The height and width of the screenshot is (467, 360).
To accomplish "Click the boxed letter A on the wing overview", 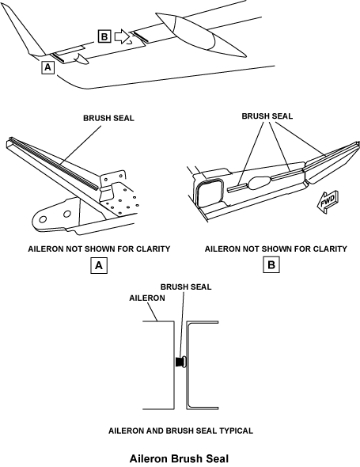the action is (x=47, y=67).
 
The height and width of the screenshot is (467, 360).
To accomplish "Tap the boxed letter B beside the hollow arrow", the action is (x=104, y=36).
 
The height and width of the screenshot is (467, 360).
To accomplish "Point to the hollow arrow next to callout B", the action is (x=122, y=36).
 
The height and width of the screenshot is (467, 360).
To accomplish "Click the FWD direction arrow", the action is (x=327, y=202).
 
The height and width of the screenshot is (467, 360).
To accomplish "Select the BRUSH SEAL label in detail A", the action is (x=108, y=118).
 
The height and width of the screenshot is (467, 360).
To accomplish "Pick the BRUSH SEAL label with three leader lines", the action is (x=267, y=116).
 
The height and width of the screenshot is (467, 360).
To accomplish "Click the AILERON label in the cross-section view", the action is (x=147, y=298).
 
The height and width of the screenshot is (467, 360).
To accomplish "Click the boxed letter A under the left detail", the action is (x=99, y=265).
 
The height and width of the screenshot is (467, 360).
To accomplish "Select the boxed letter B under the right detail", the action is (x=271, y=265).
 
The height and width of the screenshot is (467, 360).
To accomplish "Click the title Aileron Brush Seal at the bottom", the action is (x=180, y=458).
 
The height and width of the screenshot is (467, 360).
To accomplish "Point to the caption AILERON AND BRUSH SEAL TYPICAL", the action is (x=180, y=431).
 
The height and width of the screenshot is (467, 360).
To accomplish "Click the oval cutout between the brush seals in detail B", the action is (x=259, y=182).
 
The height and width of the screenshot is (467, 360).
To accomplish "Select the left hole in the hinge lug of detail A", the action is (x=43, y=219).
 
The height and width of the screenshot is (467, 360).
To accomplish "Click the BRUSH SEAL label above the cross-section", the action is (x=186, y=287).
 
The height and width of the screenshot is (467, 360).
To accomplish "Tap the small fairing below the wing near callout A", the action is (x=81, y=59).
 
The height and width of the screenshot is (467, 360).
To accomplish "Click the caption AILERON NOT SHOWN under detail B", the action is (x=275, y=249).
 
